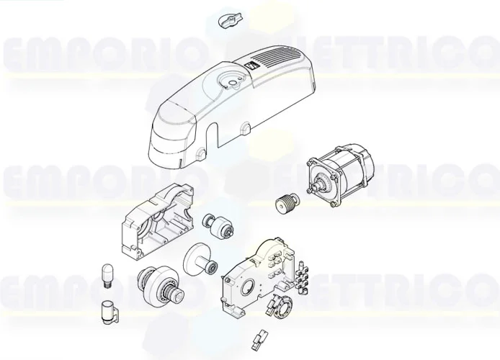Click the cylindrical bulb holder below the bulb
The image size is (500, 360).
110,312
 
